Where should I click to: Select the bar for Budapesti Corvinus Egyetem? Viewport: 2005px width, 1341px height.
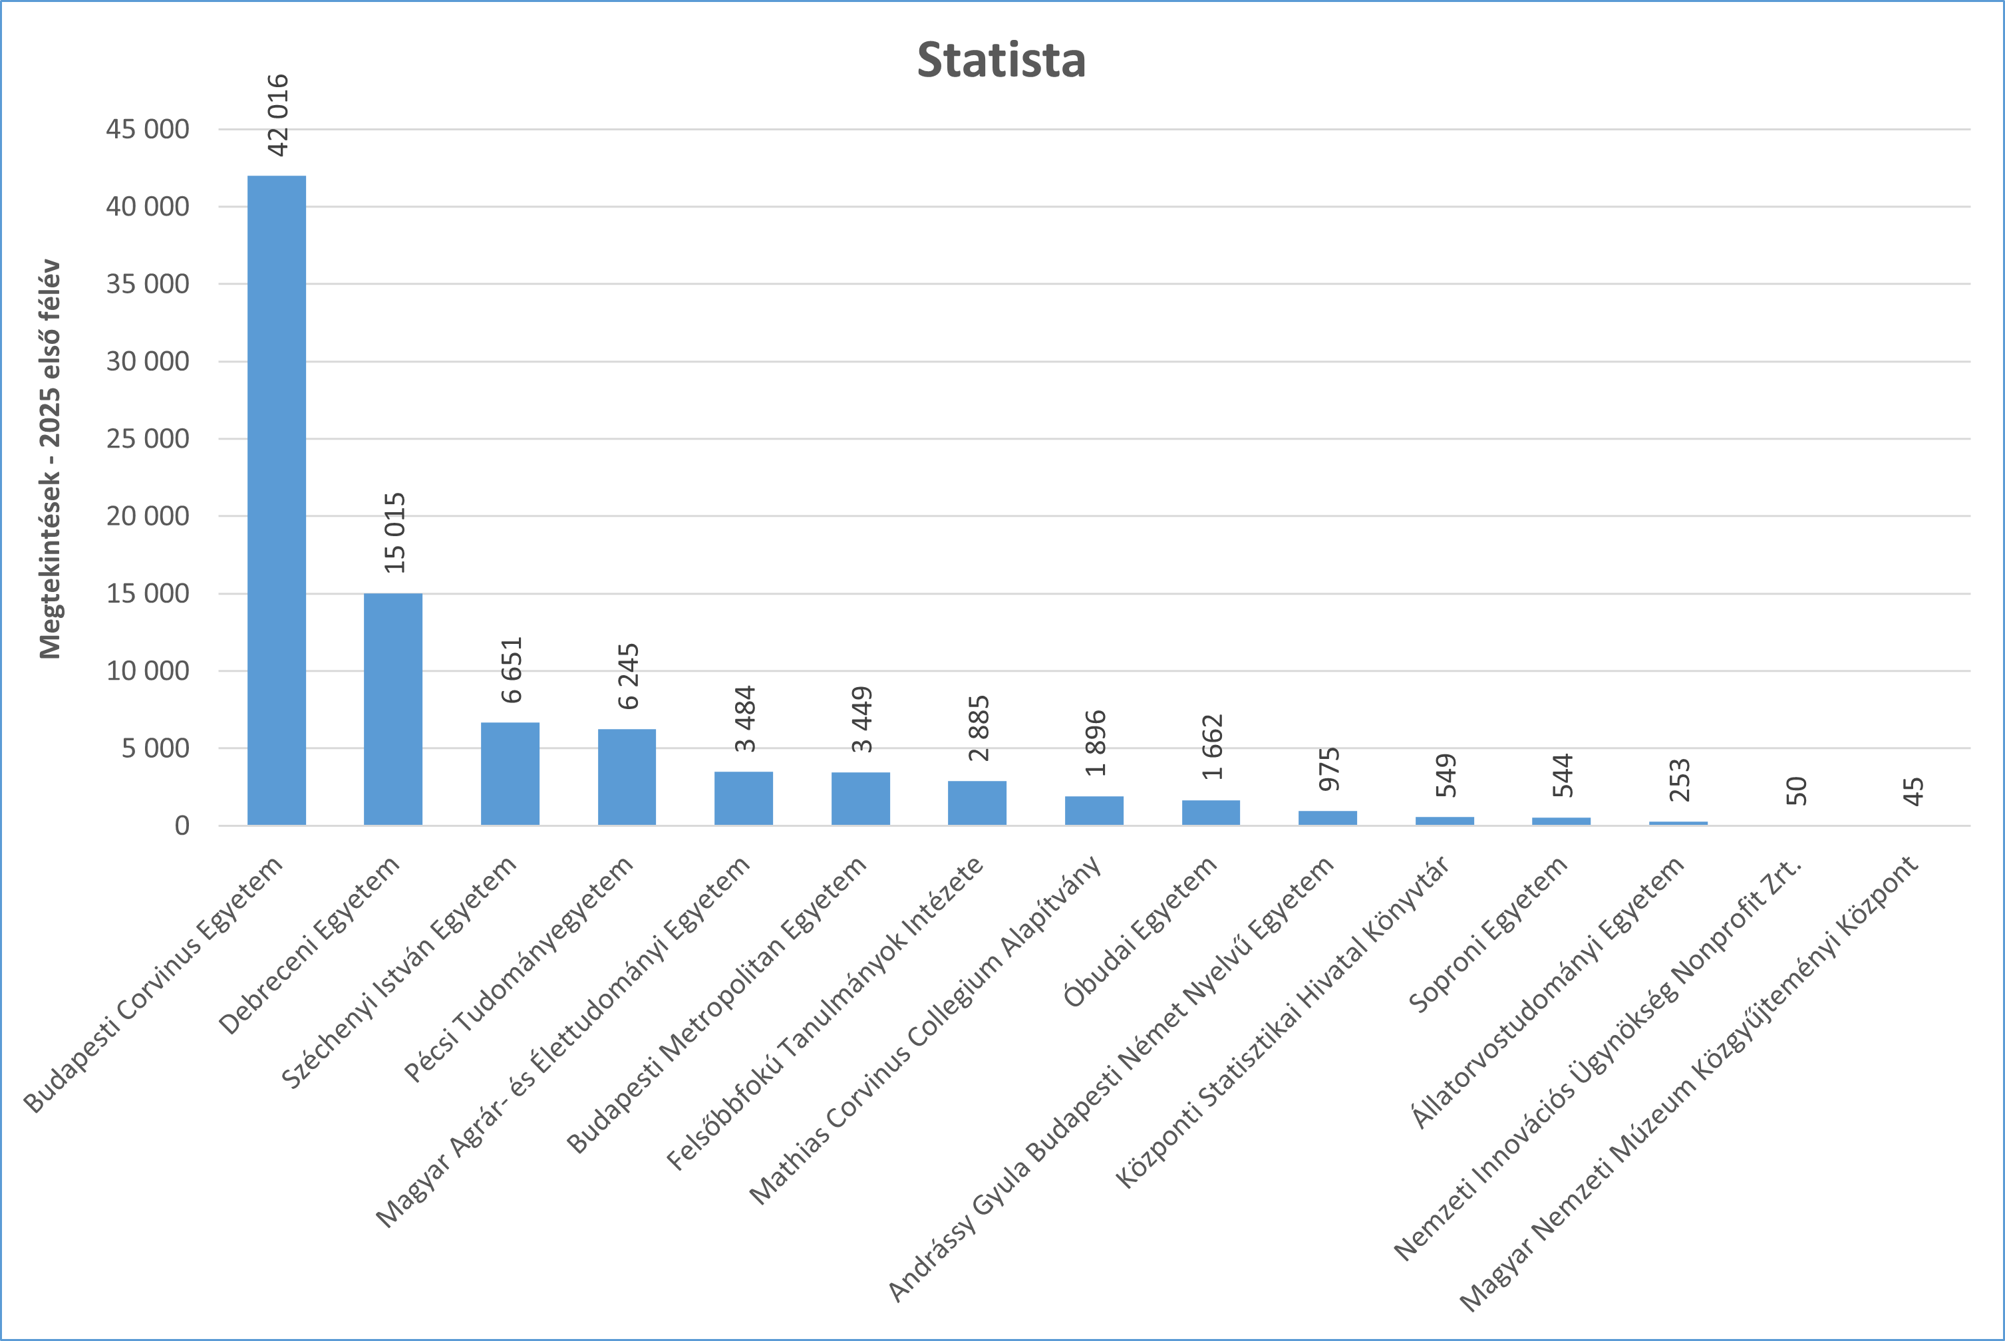click(x=276, y=500)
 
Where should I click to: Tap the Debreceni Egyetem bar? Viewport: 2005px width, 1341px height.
click(x=392, y=709)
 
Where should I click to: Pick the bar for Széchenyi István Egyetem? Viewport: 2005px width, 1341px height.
click(x=510, y=774)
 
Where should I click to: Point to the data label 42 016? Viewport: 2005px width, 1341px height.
click(x=278, y=116)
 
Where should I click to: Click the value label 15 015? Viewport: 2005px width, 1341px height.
click(x=394, y=533)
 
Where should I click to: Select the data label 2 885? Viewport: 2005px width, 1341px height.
click(x=979, y=728)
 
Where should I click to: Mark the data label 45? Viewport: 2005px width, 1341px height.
click(x=1913, y=791)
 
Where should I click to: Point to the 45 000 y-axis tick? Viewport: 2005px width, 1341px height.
click(x=147, y=129)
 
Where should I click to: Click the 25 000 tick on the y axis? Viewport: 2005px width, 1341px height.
click(x=147, y=439)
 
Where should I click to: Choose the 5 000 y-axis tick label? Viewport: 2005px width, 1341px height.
click(x=155, y=748)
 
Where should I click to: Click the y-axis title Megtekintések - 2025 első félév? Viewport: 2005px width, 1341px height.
click(x=51, y=459)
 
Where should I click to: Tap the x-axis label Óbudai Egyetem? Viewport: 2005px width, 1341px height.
click(x=1141, y=931)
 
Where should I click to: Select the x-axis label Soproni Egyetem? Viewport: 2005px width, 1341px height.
click(x=1488, y=934)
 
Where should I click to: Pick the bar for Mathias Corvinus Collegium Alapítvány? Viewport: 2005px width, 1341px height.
click(x=1094, y=811)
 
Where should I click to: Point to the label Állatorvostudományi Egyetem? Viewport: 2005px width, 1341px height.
click(x=1548, y=992)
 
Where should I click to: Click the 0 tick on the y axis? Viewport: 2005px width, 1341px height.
click(x=182, y=826)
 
